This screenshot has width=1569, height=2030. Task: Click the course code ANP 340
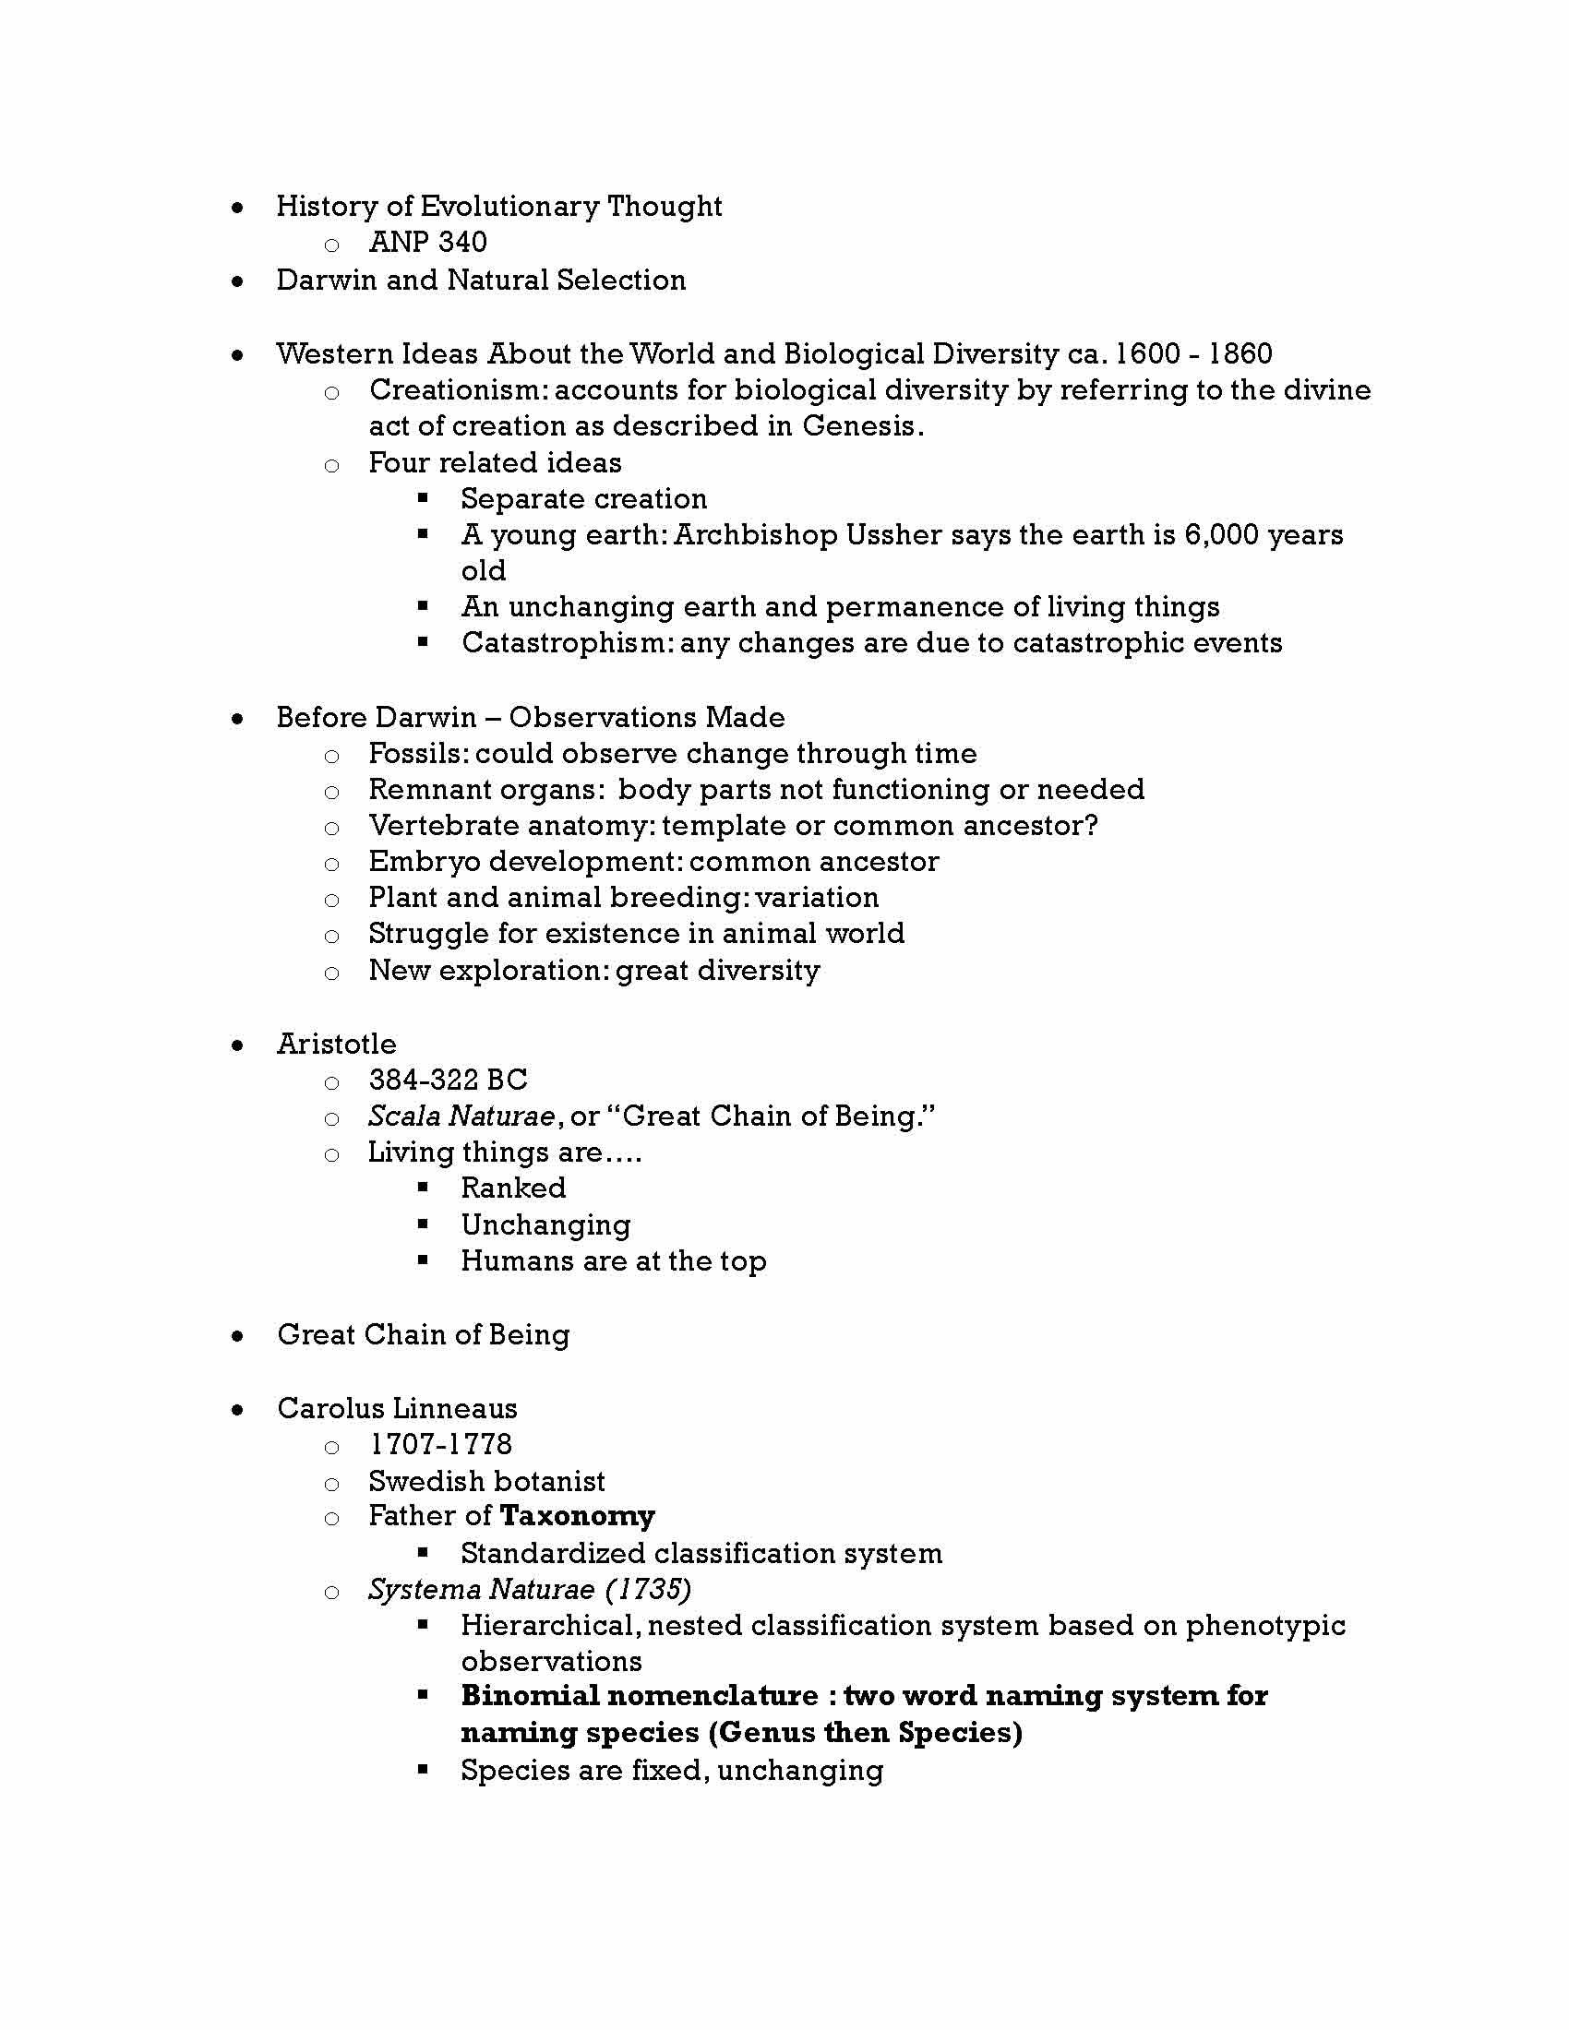427,243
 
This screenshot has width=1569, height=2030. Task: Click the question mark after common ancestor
1091,826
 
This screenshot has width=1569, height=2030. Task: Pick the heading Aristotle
337,1044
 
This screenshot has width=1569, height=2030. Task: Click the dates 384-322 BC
448,1081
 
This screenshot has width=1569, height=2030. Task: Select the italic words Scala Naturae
461,1116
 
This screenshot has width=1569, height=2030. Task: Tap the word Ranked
513,1188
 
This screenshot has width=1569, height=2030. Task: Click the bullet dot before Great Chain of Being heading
239,1337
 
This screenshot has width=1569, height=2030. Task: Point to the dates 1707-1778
440,1444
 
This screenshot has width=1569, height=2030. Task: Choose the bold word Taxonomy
576,1517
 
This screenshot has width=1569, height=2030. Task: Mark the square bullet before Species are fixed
423,1769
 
